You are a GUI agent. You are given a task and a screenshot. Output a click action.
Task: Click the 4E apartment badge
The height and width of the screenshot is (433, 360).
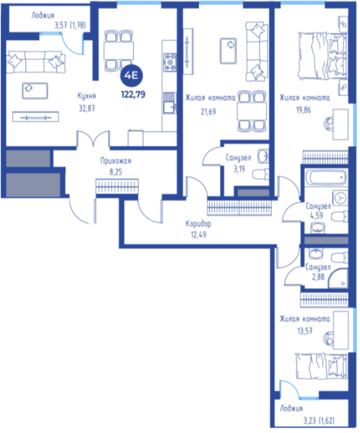click(131, 75)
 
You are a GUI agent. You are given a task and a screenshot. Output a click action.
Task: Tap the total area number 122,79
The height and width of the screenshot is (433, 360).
click(133, 95)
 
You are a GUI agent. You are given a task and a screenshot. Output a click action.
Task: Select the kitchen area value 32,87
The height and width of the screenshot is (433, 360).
click(87, 108)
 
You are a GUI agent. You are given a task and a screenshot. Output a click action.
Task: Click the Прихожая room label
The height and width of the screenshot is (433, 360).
click(116, 161)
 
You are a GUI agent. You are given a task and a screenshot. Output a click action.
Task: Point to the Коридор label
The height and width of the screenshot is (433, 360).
click(198, 224)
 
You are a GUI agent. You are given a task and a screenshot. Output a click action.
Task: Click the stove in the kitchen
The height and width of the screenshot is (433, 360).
click(169, 62)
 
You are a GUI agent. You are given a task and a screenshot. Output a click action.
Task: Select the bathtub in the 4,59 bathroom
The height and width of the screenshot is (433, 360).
click(326, 177)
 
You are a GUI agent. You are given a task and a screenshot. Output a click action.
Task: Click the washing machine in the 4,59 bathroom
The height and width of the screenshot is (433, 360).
click(340, 198)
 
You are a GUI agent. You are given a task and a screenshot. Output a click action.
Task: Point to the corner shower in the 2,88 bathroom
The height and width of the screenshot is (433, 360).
click(339, 279)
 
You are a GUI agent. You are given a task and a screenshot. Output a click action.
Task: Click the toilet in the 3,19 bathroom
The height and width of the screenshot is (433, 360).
click(261, 174)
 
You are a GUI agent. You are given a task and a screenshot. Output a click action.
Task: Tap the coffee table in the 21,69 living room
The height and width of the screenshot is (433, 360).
click(228, 51)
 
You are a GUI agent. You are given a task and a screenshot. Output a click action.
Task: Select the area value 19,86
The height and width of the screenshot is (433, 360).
click(304, 110)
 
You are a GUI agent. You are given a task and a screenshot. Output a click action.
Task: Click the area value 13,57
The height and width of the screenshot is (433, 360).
click(304, 331)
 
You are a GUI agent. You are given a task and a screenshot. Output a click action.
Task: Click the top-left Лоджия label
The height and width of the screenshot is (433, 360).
click(43, 15)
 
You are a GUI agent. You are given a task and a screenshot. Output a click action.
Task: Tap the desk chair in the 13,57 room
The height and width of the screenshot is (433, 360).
click(328, 338)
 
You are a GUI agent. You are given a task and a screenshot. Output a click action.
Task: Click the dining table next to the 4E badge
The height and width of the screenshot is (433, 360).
click(119, 51)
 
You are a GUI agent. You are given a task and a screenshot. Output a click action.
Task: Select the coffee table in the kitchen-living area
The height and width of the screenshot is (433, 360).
click(35, 91)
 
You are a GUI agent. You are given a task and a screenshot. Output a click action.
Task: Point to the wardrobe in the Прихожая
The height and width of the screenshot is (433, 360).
click(117, 186)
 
